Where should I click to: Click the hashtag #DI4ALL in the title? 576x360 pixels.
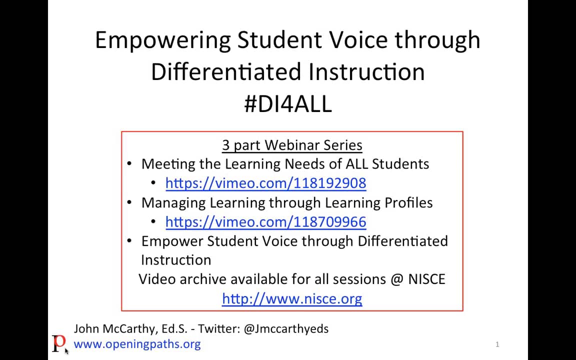[x=288, y=103]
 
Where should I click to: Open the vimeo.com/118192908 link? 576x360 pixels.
[x=265, y=183]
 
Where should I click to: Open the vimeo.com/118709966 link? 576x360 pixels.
[x=265, y=222]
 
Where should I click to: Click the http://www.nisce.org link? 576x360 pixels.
[x=292, y=299]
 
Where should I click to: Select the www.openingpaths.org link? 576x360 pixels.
[x=137, y=344]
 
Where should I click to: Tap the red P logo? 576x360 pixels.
[x=59, y=343]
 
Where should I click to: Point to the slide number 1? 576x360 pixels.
[x=497, y=344]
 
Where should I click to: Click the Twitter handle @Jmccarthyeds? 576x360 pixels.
[x=286, y=328]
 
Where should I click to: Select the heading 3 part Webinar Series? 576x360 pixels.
[x=292, y=145]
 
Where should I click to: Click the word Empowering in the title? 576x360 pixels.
[x=163, y=40]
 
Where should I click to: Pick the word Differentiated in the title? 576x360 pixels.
[x=226, y=71]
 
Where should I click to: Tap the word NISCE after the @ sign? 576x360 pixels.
[x=426, y=279]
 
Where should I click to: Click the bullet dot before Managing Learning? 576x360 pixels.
[x=129, y=202]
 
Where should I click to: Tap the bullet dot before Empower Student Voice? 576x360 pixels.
[x=129, y=240]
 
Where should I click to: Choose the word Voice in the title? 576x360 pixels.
[x=353, y=40]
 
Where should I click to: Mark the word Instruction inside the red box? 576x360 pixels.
[x=176, y=260]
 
